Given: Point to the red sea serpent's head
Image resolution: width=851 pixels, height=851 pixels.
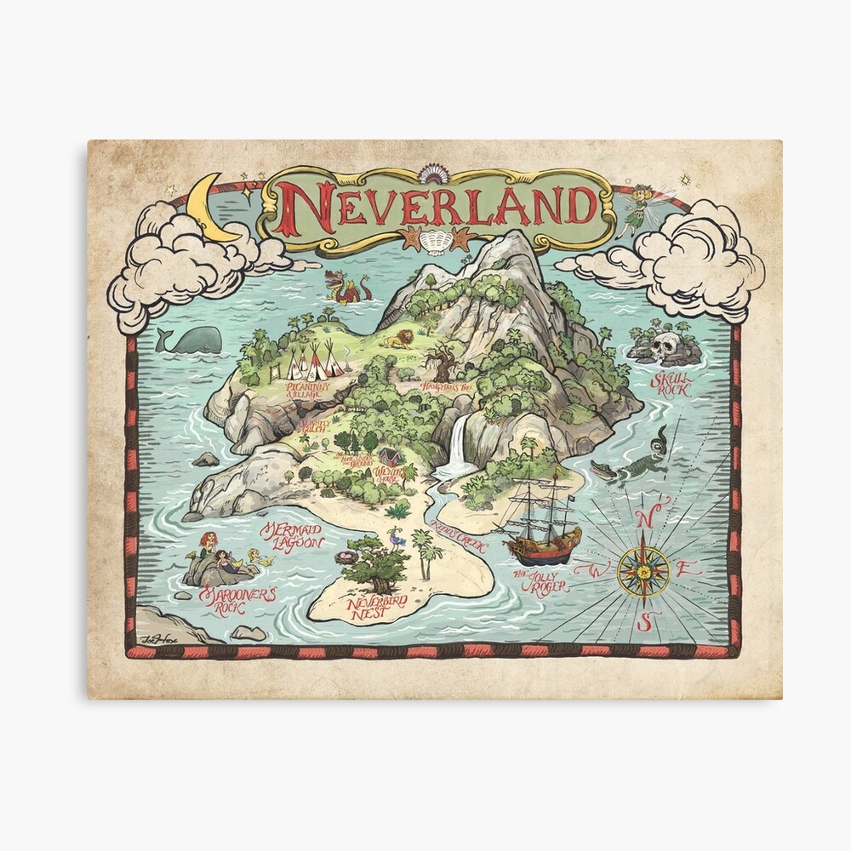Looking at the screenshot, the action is click(x=334, y=278).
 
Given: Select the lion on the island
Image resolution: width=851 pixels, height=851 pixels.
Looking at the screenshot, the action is click(x=397, y=340).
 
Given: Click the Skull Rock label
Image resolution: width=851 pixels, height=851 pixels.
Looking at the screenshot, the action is click(x=671, y=385).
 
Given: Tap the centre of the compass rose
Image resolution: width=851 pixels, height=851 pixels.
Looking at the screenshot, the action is click(x=643, y=569).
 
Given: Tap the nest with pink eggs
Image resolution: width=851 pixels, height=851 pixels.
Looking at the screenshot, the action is click(x=346, y=557).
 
